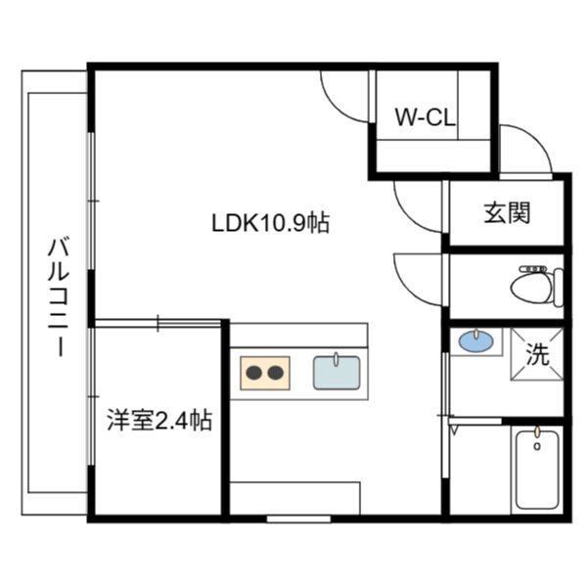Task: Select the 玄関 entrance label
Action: click(x=507, y=212)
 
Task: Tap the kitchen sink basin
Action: click(x=336, y=373)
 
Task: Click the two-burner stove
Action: click(x=266, y=373)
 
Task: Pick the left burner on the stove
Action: click(x=254, y=373)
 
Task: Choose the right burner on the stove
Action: click(x=277, y=373)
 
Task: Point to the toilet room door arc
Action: click(x=417, y=277)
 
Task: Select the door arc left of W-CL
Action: click(x=342, y=96)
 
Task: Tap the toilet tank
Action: click(x=557, y=285)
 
